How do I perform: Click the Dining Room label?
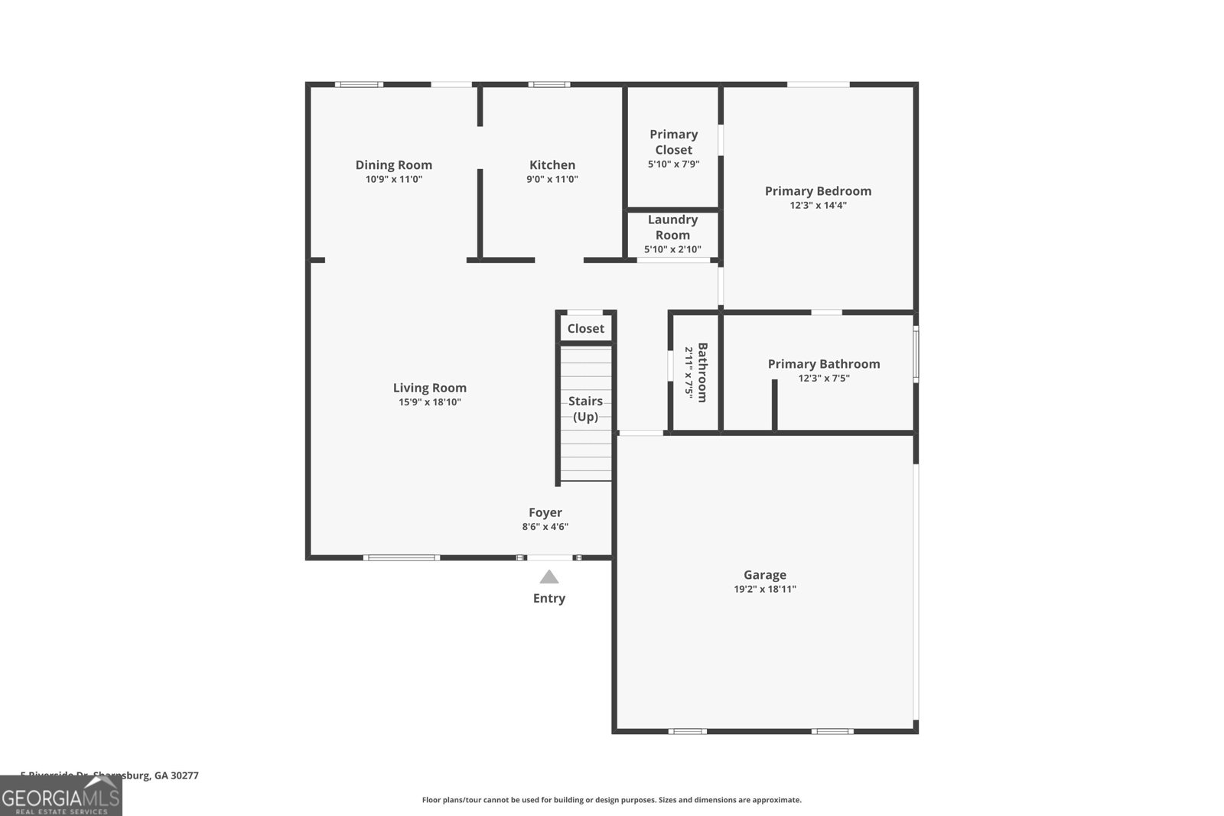pyautogui.click(x=393, y=164)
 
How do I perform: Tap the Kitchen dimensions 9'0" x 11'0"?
pyautogui.click(x=552, y=180)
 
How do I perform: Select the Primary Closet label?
pyautogui.click(x=673, y=142)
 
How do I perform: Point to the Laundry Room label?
pyautogui.click(x=672, y=227)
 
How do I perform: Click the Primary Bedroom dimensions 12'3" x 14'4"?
pyautogui.click(x=818, y=206)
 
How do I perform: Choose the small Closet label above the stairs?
pyautogui.click(x=585, y=328)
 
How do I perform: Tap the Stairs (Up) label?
pyautogui.click(x=585, y=408)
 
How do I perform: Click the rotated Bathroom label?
pyautogui.click(x=702, y=372)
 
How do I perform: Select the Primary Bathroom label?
pyautogui.click(x=824, y=364)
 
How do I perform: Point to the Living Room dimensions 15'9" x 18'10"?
pyautogui.click(x=429, y=402)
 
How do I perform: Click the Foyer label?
pyautogui.click(x=545, y=512)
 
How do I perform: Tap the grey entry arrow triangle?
pyautogui.click(x=549, y=577)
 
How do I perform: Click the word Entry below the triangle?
pyautogui.click(x=549, y=599)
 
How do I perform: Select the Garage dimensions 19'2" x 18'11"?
pyautogui.click(x=764, y=590)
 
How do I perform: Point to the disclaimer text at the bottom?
pyautogui.click(x=611, y=800)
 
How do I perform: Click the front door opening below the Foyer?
pyautogui.click(x=549, y=558)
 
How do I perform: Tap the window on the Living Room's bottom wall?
pyautogui.click(x=401, y=558)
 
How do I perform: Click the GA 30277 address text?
pyautogui.click(x=176, y=775)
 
